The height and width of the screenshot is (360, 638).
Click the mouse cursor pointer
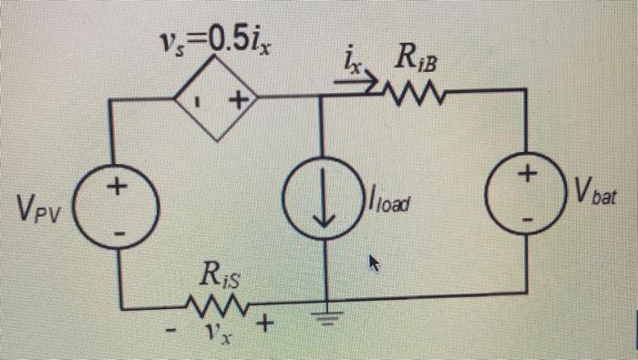point(372,263)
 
